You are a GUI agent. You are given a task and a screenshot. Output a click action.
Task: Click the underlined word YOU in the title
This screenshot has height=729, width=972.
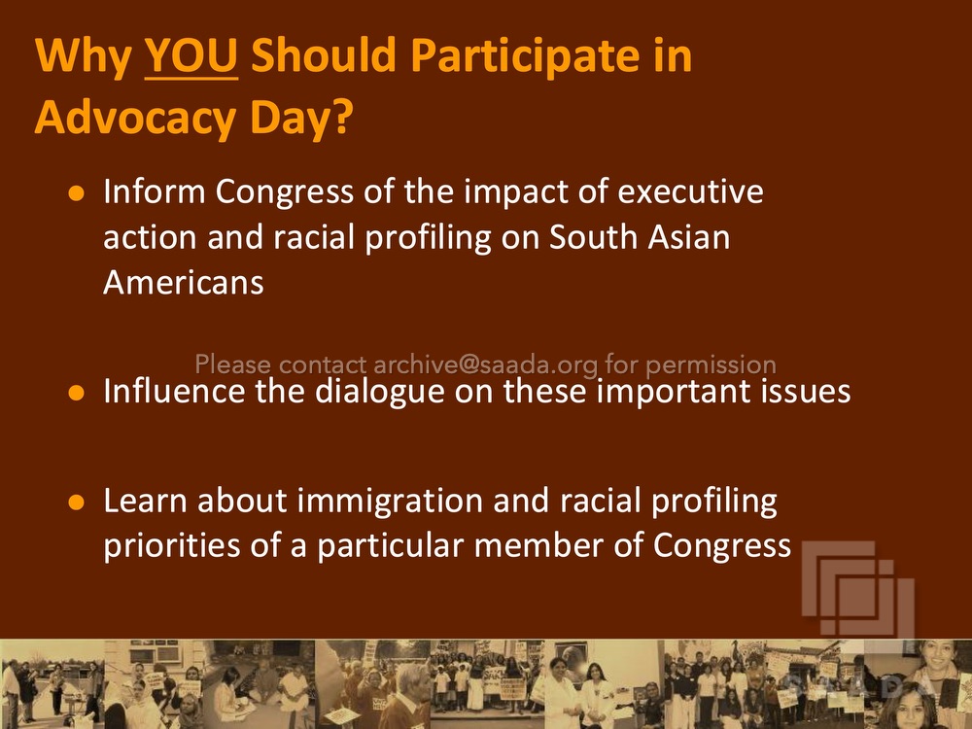[x=191, y=55]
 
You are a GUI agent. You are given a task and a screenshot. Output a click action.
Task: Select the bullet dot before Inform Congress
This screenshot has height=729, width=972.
[x=76, y=193]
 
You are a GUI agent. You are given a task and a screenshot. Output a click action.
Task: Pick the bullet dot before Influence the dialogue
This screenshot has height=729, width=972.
[x=76, y=393]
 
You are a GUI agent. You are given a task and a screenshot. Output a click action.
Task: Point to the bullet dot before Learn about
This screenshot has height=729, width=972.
[x=76, y=502]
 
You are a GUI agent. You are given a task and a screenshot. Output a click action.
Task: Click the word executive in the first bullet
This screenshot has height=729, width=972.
[x=690, y=191]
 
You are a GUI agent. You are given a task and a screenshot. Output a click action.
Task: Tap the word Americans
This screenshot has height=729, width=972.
[x=184, y=283]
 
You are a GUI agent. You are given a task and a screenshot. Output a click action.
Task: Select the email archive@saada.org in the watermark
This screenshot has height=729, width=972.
[x=486, y=365]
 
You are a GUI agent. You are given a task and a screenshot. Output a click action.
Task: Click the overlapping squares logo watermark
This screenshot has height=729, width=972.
[x=858, y=588]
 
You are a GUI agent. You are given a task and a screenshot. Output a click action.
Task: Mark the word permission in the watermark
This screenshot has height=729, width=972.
[x=711, y=365]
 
